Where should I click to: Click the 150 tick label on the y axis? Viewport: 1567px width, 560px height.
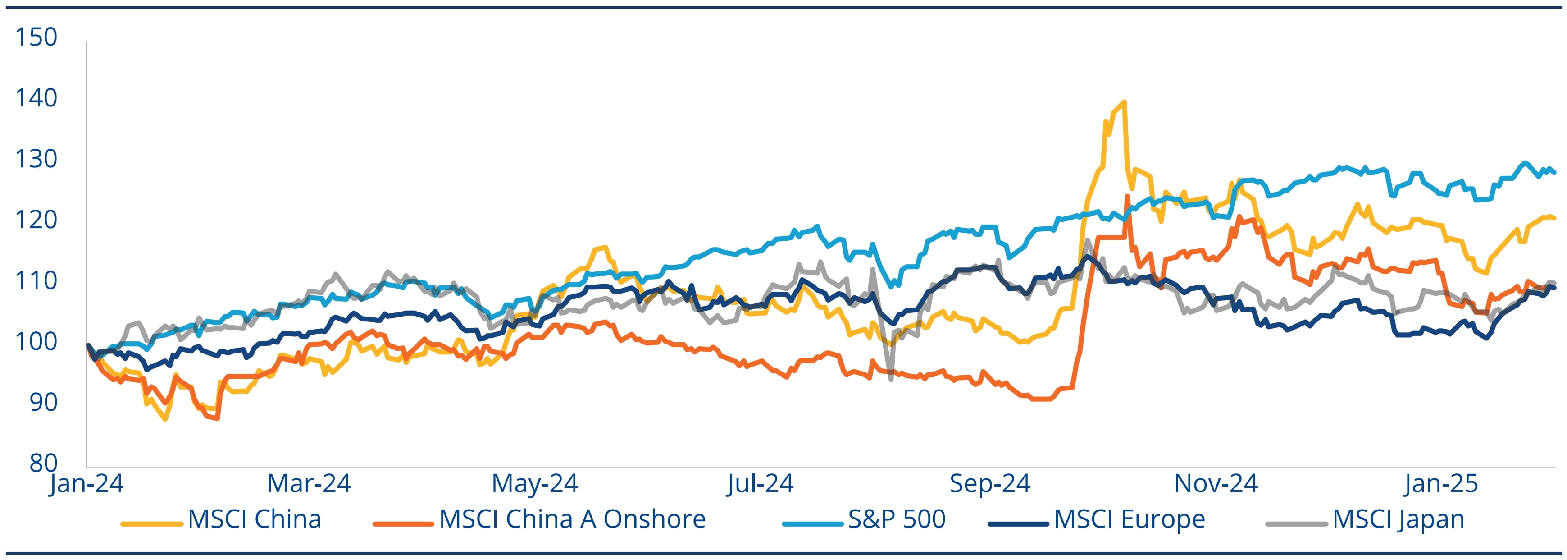click(x=36, y=38)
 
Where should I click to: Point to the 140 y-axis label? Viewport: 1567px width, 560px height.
click(x=36, y=98)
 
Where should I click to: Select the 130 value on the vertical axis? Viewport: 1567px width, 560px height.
click(x=36, y=159)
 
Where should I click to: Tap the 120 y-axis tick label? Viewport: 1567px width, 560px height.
click(x=36, y=220)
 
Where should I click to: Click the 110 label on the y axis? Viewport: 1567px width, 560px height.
click(x=36, y=280)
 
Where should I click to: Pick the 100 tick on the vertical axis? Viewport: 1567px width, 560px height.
click(x=36, y=341)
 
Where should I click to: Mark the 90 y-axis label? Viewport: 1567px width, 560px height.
click(x=43, y=402)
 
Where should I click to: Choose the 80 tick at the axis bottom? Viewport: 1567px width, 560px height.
click(x=43, y=463)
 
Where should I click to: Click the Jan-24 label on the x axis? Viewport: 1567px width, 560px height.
click(x=87, y=484)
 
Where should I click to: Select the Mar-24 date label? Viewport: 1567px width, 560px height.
click(x=309, y=484)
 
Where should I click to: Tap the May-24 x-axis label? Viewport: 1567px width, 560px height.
click(x=535, y=484)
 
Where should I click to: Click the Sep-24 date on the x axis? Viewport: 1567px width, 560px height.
click(x=990, y=484)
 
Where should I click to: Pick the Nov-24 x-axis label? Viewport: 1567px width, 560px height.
click(x=1216, y=484)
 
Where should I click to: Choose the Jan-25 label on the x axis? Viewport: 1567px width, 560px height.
click(x=1440, y=484)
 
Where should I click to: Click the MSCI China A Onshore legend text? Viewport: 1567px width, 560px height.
click(x=572, y=519)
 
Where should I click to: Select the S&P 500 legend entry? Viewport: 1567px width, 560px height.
click(x=897, y=519)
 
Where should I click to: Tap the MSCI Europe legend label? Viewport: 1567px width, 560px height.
click(x=1129, y=519)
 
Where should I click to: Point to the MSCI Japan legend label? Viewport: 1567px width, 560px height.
click(x=1398, y=519)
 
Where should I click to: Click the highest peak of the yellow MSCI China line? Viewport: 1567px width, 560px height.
click(x=1124, y=101)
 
